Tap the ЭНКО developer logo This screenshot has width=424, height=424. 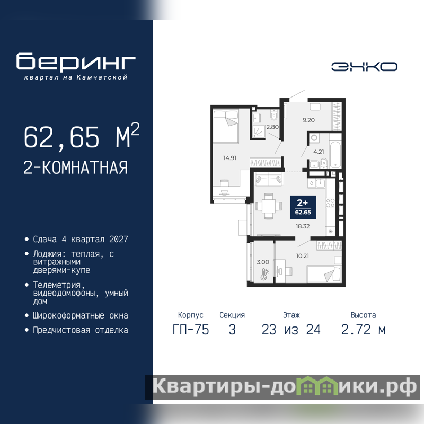tap(364, 67)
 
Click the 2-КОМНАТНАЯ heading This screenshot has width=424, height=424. tap(75, 167)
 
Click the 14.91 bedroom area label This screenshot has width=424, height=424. tap(229, 158)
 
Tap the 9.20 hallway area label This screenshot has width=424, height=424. tap(308, 120)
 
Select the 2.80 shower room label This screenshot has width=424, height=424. tap(272, 127)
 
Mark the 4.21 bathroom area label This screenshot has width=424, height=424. tap(319, 152)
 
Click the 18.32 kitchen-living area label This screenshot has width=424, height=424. tap(303, 226)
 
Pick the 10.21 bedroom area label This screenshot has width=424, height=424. tap(302, 256)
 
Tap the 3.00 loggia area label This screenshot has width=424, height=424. tap(263, 262)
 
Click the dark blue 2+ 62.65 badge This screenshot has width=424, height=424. tap(303, 207)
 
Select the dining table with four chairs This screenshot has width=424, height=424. tap(269, 206)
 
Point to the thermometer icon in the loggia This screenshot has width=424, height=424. tap(264, 274)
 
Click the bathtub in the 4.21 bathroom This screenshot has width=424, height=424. tap(335, 155)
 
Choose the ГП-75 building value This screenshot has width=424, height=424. tap(191, 330)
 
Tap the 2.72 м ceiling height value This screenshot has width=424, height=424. tap(363, 330)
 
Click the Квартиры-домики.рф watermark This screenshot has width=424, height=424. tap(284, 387)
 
